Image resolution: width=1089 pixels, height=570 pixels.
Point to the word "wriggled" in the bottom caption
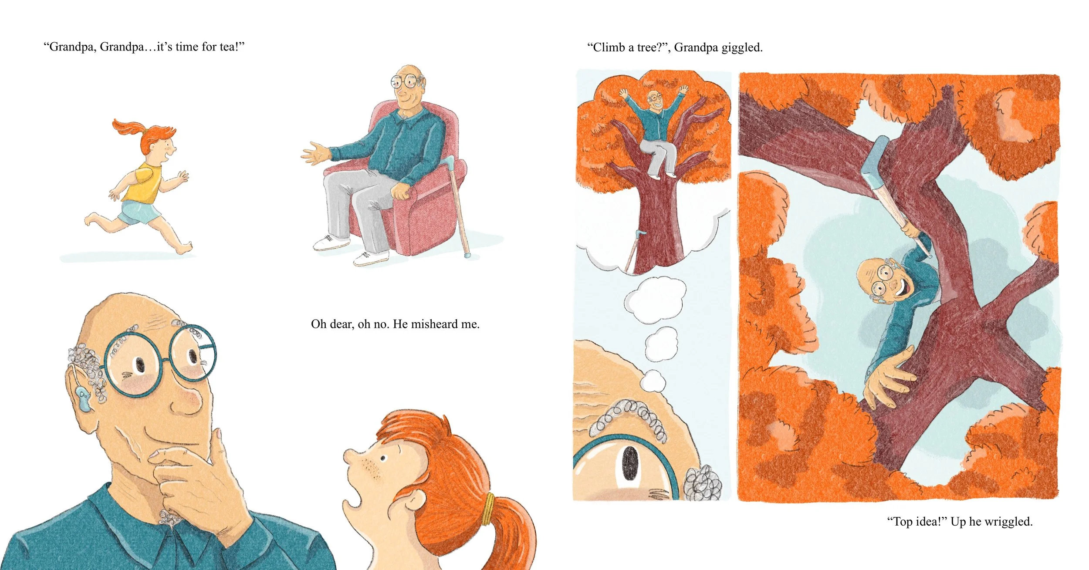pos(1008,522)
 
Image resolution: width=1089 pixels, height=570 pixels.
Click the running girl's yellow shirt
pos(146,183)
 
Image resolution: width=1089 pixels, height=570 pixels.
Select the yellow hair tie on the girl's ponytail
pos(490,509)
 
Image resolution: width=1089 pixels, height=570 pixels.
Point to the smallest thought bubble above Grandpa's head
pos(653,381)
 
